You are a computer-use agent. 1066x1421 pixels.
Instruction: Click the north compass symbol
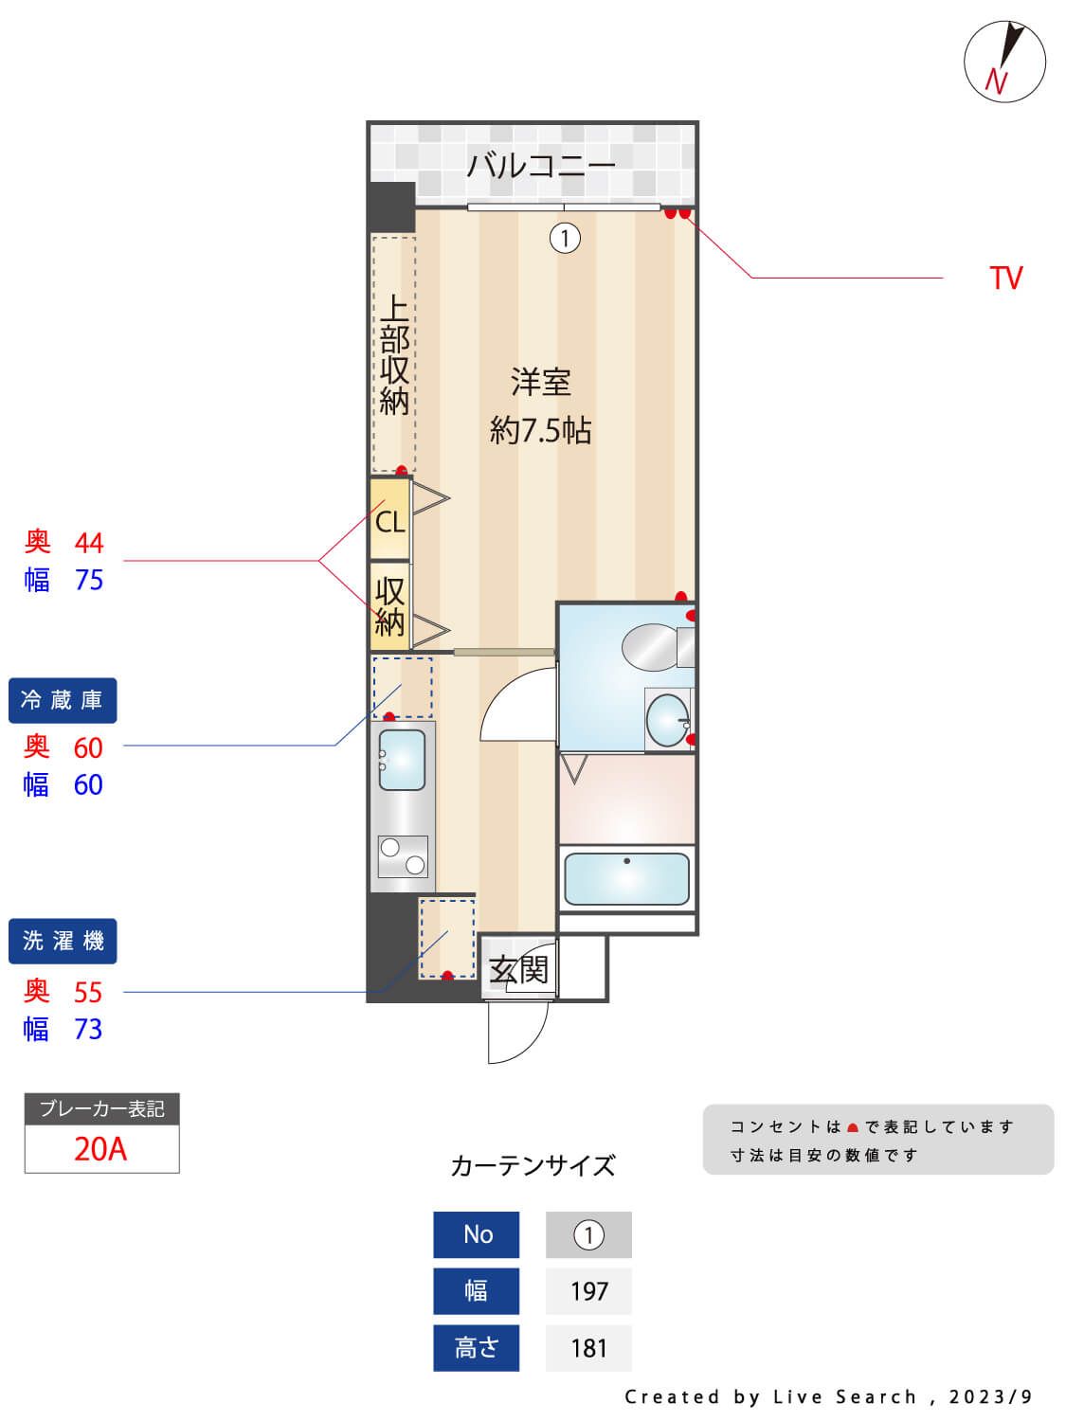point(1004,62)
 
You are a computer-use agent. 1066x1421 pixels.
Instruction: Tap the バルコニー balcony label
point(541,166)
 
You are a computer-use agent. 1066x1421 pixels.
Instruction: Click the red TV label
point(1005,278)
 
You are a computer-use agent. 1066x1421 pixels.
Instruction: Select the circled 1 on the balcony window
point(565,238)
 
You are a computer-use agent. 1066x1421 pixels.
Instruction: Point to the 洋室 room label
point(540,383)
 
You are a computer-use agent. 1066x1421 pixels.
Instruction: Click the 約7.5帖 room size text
point(540,431)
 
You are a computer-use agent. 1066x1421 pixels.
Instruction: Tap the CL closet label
point(389,521)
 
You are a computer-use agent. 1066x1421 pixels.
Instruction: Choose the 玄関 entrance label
point(518,969)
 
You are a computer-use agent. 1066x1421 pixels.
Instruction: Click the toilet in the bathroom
point(652,646)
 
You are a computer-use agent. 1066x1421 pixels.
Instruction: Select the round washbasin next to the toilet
point(667,720)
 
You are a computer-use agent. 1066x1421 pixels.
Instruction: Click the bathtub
point(626,879)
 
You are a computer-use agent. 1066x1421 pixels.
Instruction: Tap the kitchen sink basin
point(402,760)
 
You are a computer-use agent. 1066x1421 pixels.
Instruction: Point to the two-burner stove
point(403,856)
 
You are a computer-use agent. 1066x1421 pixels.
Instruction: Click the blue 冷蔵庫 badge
point(63,701)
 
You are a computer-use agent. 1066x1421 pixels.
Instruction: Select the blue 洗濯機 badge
point(63,942)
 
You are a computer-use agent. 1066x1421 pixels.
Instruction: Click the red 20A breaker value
point(100,1149)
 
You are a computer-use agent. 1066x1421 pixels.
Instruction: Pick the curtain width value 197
point(588,1291)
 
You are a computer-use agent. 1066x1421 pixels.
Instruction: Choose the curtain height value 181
point(588,1348)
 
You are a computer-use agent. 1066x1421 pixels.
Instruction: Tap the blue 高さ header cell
point(476,1348)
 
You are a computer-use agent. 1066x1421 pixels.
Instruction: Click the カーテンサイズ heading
point(533,1165)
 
